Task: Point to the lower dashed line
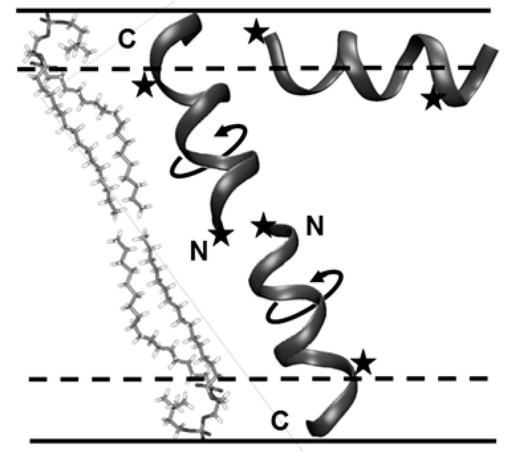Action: [418, 379]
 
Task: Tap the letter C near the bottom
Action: [280, 421]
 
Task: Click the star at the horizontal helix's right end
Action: [434, 100]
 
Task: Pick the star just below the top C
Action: [144, 85]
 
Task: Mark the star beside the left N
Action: [221, 236]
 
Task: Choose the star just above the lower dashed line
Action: [363, 363]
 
